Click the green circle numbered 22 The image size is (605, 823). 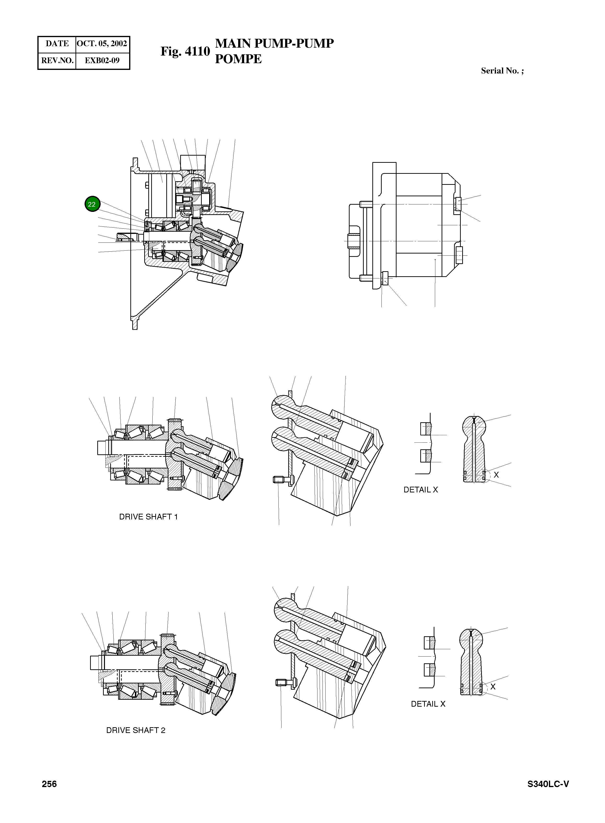click(92, 204)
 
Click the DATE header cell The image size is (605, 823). click(57, 44)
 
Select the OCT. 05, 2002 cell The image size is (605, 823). click(102, 44)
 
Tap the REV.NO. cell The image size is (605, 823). click(57, 60)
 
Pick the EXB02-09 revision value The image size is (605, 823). click(102, 60)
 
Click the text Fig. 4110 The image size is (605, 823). click(185, 51)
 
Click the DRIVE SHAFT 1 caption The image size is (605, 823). click(148, 517)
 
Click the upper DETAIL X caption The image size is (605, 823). click(421, 490)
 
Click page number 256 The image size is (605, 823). click(49, 794)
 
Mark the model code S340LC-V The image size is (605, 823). click(548, 794)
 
